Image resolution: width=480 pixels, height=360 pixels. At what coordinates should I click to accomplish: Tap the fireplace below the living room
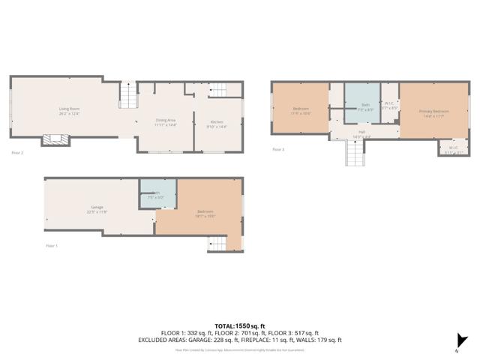[x=55, y=139]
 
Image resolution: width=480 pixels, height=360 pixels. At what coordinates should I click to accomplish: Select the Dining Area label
[x=165, y=121]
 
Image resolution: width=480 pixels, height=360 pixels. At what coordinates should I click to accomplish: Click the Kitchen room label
[x=216, y=124]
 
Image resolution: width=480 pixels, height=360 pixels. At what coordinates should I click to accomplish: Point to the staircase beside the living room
[x=128, y=96]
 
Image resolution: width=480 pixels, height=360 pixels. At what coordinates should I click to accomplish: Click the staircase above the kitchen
[x=217, y=91]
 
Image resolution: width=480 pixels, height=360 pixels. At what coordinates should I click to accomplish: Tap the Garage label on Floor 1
[x=97, y=208]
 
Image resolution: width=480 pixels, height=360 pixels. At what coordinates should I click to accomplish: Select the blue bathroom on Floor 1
[x=157, y=193]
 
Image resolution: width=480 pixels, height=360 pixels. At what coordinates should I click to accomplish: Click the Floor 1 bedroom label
[x=206, y=214]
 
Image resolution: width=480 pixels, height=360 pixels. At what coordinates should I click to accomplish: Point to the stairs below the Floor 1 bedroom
[x=217, y=243]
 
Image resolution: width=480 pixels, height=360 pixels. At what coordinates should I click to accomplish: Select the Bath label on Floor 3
[x=365, y=106]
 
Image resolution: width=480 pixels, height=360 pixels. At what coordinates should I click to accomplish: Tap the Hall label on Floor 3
[x=361, y=133]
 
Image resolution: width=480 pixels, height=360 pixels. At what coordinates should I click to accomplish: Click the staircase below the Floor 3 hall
[x=353, y=154]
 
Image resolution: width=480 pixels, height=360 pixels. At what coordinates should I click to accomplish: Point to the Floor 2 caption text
[x=17, y=153]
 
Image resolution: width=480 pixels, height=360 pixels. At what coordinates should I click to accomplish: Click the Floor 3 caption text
[x=278, y=149]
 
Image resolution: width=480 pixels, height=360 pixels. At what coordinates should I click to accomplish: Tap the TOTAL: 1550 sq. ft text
[x=239, y=325]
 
